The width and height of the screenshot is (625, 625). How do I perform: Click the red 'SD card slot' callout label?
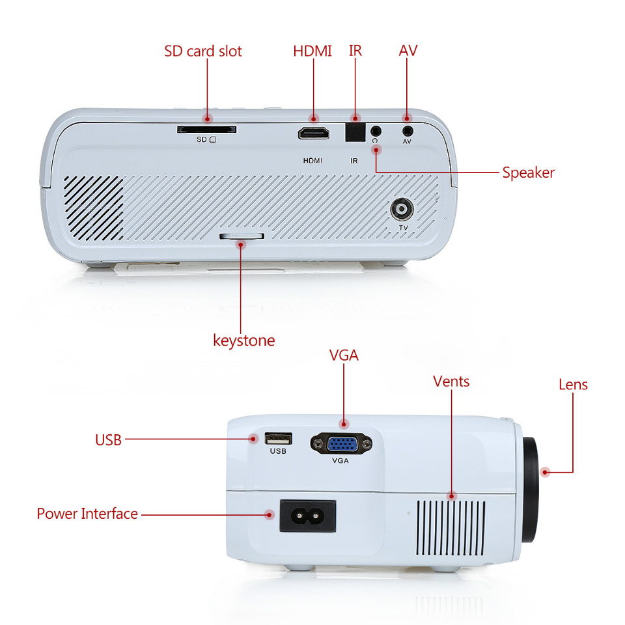coord(203,51)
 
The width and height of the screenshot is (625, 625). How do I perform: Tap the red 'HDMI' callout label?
coord(312,51)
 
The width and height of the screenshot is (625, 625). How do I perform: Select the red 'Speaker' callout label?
coord(528,173)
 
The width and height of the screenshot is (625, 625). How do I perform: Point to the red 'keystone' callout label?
coord(244,340)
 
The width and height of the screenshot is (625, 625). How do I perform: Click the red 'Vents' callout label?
coord(451,382)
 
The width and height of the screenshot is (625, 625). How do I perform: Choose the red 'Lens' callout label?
coord(573,385)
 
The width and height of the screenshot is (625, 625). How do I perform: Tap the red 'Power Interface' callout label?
coord(87,514)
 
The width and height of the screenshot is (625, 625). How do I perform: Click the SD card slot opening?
coord(206,130)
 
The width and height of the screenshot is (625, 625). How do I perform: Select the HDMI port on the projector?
coord(314,133)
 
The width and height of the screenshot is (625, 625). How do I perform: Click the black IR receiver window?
coord(355,132)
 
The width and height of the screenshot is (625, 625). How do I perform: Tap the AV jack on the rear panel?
coord(408,130)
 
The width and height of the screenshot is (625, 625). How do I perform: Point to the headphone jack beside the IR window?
coord(376,130)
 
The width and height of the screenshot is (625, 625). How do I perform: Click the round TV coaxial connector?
coord(402,209)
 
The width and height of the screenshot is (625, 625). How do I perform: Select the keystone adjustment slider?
coord(242,236)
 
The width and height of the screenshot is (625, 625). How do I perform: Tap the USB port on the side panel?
coord(278,438)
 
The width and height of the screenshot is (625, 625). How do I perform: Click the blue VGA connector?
coord(342,443)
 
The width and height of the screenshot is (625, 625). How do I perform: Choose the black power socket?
coord(308,516)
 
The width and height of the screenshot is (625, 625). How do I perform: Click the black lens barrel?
coord(530,490)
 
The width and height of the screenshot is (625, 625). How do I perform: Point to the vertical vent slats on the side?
coord(451,528)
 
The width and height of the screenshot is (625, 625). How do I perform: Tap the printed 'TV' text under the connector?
coord(404,228)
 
